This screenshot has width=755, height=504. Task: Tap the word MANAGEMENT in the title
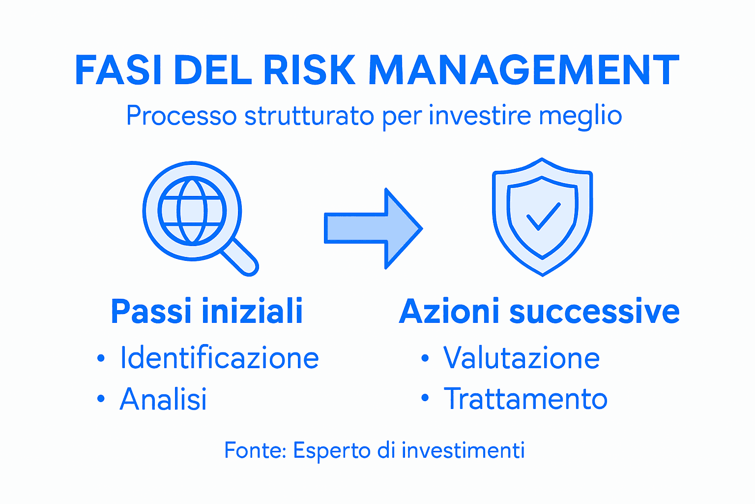pos(524,70)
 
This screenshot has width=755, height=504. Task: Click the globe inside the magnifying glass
pos(192,210)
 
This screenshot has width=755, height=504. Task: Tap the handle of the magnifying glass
pos(240,257)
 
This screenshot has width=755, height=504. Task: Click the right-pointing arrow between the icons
pos(374,228)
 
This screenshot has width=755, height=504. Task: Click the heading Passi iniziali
pos(206,311)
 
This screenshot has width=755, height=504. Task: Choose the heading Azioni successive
pos(539,311)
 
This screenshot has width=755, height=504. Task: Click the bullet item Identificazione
pos(219,358)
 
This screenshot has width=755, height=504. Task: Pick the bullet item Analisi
pos(163,399)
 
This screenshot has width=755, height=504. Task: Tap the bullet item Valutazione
pos(522,358)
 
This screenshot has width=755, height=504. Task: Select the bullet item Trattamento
pos(525,399)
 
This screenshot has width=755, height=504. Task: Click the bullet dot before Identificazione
pos(101,358)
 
